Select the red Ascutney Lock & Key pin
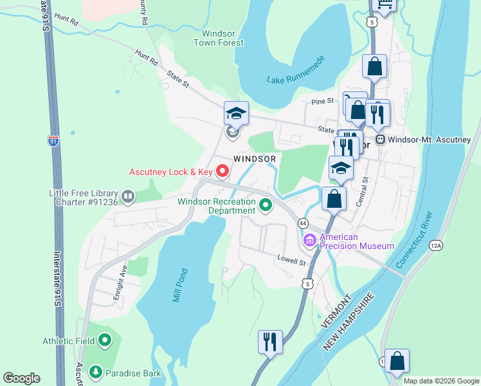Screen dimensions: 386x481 [x=223, y=171]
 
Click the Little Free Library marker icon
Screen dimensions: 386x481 [x=128, y=196]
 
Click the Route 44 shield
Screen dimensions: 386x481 [x=302, y=223]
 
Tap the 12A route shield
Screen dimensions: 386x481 [x=437, y=245]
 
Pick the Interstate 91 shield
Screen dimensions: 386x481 [x=53, y=140]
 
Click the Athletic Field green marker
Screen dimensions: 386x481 [x=105, y=341]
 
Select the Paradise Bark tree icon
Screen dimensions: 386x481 [x=95, y=371]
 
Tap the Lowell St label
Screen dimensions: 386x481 [x=291, y=261]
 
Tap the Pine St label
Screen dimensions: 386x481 [x=323, y=101]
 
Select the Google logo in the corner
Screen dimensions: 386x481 [x=21, y=378]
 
